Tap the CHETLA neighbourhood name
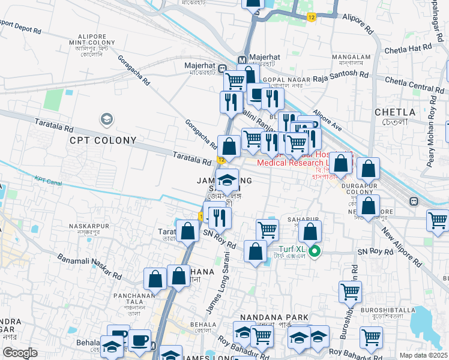click(x=394, y=112)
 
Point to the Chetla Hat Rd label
click(x=408, y=47)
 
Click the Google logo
click(x=20, y=353)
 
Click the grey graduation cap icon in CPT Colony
click(x=107, y=120)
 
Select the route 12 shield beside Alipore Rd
click(x=312, y=17)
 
